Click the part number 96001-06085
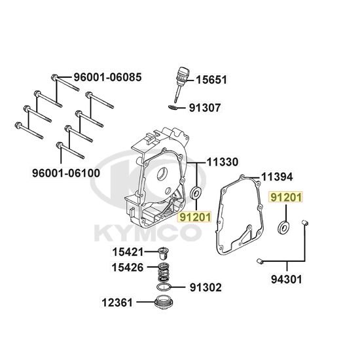coord(107,77)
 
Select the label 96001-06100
coord(66,173)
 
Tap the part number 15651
coord(211,80)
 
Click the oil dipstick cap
coord(182,74)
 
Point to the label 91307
coord(205,108)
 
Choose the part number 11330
coord(223,162)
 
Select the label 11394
coord(278,177)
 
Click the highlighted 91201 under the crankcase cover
coord(194,217)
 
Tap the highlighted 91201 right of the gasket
coord(286,197)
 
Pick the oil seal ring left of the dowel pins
coord(284,227)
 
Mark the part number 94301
coord(287,279)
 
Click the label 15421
coord(128,252)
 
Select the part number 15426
coord(128,267)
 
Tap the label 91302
coord(206,287)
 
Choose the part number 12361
coord(117,302)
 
